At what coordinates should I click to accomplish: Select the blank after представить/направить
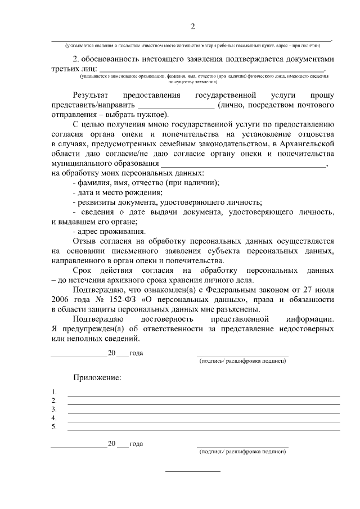point(175,105)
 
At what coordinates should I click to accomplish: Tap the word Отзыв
point(87,241)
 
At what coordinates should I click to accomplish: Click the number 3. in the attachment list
point(54,409)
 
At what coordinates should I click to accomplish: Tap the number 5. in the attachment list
point(54,427)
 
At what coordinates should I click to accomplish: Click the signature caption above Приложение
point(242,361)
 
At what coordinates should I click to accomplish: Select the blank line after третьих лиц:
point(212,69)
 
